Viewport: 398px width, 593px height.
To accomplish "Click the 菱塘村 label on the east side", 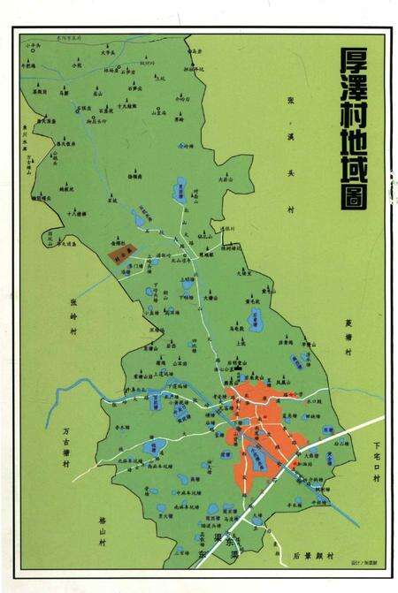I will tap(348, 337).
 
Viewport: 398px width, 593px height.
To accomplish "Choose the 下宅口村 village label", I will tap(374, 465).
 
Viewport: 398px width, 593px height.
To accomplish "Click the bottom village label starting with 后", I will tap(311, 557).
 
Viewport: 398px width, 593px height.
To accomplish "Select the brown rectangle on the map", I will tap(119, 254).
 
